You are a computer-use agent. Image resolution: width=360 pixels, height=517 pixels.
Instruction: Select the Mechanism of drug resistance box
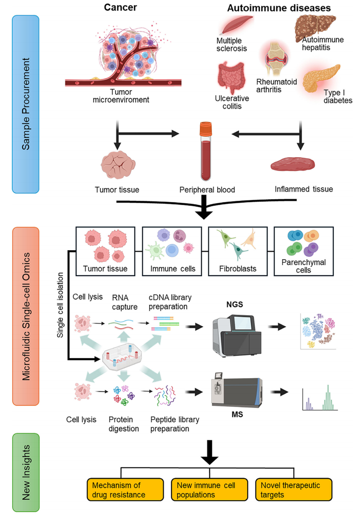tap(125, 489)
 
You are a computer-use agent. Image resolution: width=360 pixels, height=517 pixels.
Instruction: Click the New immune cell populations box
tap(209, 489)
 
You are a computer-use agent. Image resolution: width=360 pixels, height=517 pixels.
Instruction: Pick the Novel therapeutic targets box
tap(294, 489)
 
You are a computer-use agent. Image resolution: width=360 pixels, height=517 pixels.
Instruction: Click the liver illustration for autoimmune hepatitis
tap(314, 26)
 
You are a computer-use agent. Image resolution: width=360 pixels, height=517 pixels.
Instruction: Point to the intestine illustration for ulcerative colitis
tap(231, 77)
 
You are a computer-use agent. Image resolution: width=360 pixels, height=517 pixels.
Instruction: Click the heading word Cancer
tap(120, 8)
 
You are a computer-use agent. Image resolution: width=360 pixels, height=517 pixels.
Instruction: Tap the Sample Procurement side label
tap(26, 104)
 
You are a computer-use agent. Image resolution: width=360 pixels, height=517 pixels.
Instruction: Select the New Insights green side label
tap(26, 472)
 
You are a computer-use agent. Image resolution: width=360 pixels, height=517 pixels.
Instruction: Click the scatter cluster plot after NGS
tap(318, 331)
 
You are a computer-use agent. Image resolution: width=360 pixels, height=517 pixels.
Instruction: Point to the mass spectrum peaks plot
tap(320, 398)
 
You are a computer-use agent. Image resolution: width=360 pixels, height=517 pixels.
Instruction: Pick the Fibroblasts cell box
tap(237, 251)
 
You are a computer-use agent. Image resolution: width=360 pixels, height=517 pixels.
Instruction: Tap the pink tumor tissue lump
tap(118, 164)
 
